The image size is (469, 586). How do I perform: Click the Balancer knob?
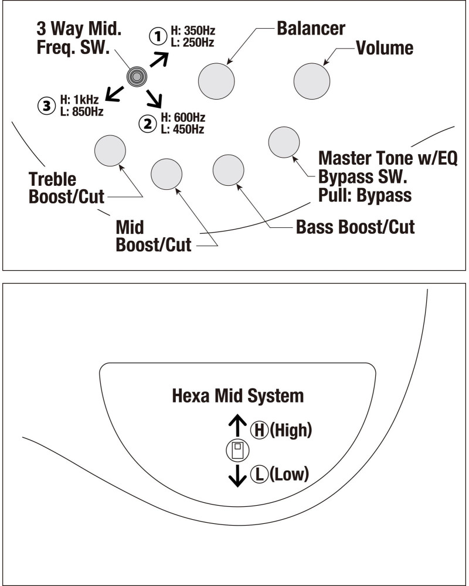(x=216, y=81)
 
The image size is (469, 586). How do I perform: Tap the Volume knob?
(x=312, y=81)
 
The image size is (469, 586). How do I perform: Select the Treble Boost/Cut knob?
(x=110, y=150)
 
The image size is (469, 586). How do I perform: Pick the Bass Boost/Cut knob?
(x=228, y=169)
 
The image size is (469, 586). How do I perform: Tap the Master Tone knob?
(x=284, y=141)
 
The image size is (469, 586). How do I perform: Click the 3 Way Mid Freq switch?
(x=137, y=76)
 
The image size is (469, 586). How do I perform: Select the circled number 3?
(x=45, y=106)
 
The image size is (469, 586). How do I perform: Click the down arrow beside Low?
(x=237, y=476)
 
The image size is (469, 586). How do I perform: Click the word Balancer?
(x=311, y=28)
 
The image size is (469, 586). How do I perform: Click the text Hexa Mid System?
(x=238, y=396)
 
